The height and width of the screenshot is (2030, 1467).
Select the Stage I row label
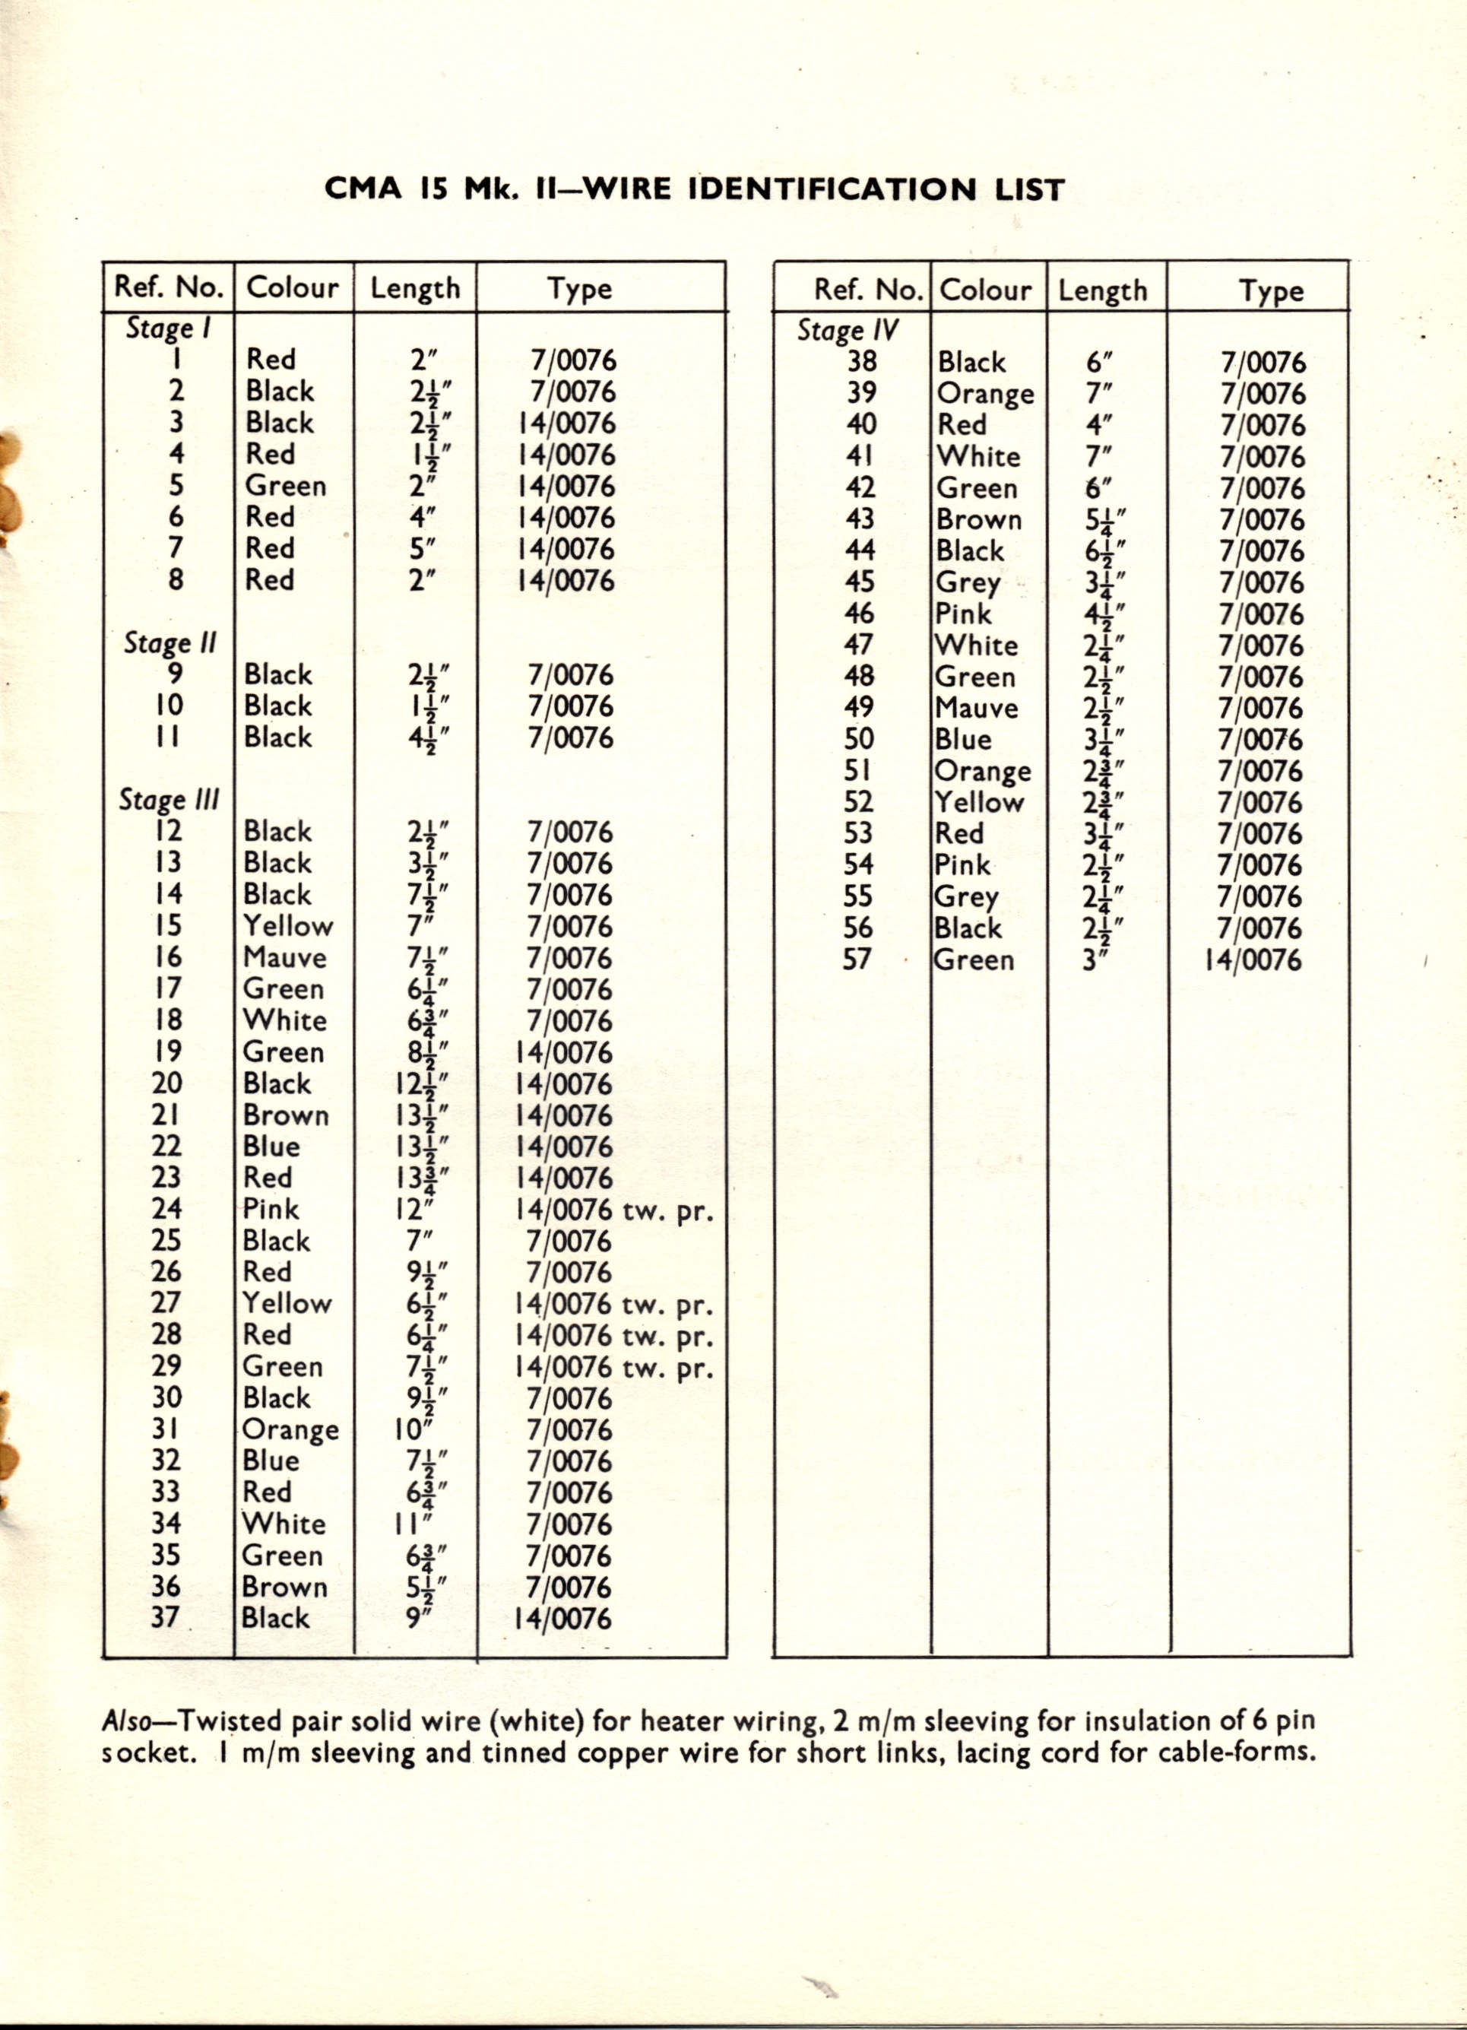coord(168,328)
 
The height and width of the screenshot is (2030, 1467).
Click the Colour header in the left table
coord(293,287)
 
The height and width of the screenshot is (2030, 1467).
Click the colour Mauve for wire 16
coord(284,958)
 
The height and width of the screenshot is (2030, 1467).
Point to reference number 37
coord(166,1617)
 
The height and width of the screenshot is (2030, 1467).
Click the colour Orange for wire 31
coord(290,1429)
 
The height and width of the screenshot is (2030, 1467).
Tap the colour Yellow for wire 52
coord(979,802)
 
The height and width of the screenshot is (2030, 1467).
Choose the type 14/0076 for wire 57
coord(1253,960)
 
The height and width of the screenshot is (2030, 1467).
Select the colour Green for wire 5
coord(286,486)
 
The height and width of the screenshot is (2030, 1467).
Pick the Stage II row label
coord(170,642)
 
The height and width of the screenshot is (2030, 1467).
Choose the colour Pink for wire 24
coord(271,1209)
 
